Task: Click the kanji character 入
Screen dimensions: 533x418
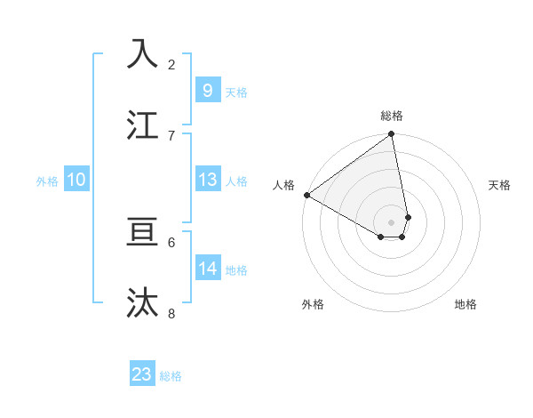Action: [143, 54]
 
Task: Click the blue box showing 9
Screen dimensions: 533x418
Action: [207, 90]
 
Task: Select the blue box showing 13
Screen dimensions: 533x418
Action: [207, 180]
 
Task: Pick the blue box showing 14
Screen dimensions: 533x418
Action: [207, 268]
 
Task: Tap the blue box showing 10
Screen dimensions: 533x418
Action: [76, 180]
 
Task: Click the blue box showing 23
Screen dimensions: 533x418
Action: [142, 374]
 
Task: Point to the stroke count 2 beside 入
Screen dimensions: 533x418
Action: [171, 65]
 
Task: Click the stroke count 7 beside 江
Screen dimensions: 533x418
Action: [171, 135]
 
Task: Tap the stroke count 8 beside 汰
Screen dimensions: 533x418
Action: [171, 313]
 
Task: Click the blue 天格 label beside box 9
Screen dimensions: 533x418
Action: [236, 92]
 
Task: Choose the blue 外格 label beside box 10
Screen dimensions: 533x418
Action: [47, 181]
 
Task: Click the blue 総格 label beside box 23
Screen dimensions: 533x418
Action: [171, 375]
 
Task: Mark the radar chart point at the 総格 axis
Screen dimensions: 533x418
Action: [392, 135]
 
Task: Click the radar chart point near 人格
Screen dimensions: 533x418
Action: [306, 195]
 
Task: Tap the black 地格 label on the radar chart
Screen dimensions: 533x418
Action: [465, 305]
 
